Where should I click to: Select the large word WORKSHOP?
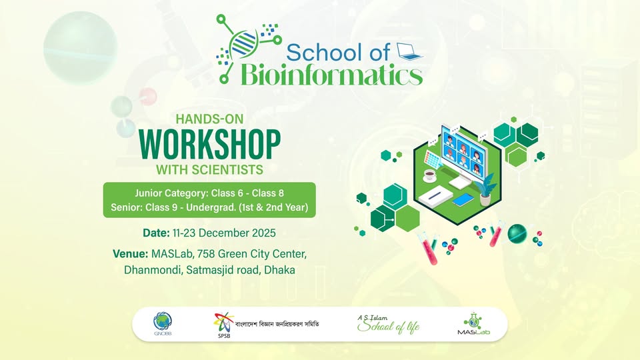(209, 141)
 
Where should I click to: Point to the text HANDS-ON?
(208, 119)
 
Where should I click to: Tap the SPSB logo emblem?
(222, 323)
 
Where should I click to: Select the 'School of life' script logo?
(389, 325)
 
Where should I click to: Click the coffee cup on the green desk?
(430, 175)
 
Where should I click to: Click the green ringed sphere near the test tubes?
(517, 233)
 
